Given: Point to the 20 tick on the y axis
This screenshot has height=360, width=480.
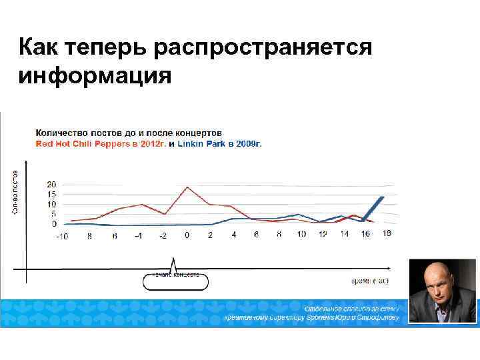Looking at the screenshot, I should click(51, 184).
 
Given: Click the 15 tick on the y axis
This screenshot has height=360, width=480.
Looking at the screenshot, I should click(51, 194).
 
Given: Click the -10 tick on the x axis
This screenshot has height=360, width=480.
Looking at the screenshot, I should click(61, 235).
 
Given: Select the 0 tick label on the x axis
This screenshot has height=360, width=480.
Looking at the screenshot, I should click(187, 235).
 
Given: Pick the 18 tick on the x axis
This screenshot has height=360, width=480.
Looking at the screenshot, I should click(387, 233).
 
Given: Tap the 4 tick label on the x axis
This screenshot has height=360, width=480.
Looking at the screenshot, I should click(234, 235).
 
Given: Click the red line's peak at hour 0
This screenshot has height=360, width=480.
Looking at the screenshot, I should click(187, 187).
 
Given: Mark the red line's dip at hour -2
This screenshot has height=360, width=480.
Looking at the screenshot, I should click(164, 214).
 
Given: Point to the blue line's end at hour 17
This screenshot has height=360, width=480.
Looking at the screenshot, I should click(383, 197).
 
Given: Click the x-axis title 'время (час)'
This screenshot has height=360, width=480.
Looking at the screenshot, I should click(369, 281).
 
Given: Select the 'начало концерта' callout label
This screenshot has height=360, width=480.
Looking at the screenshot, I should click(175, 275).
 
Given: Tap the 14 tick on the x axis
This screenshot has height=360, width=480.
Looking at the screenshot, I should click(344, 235).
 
